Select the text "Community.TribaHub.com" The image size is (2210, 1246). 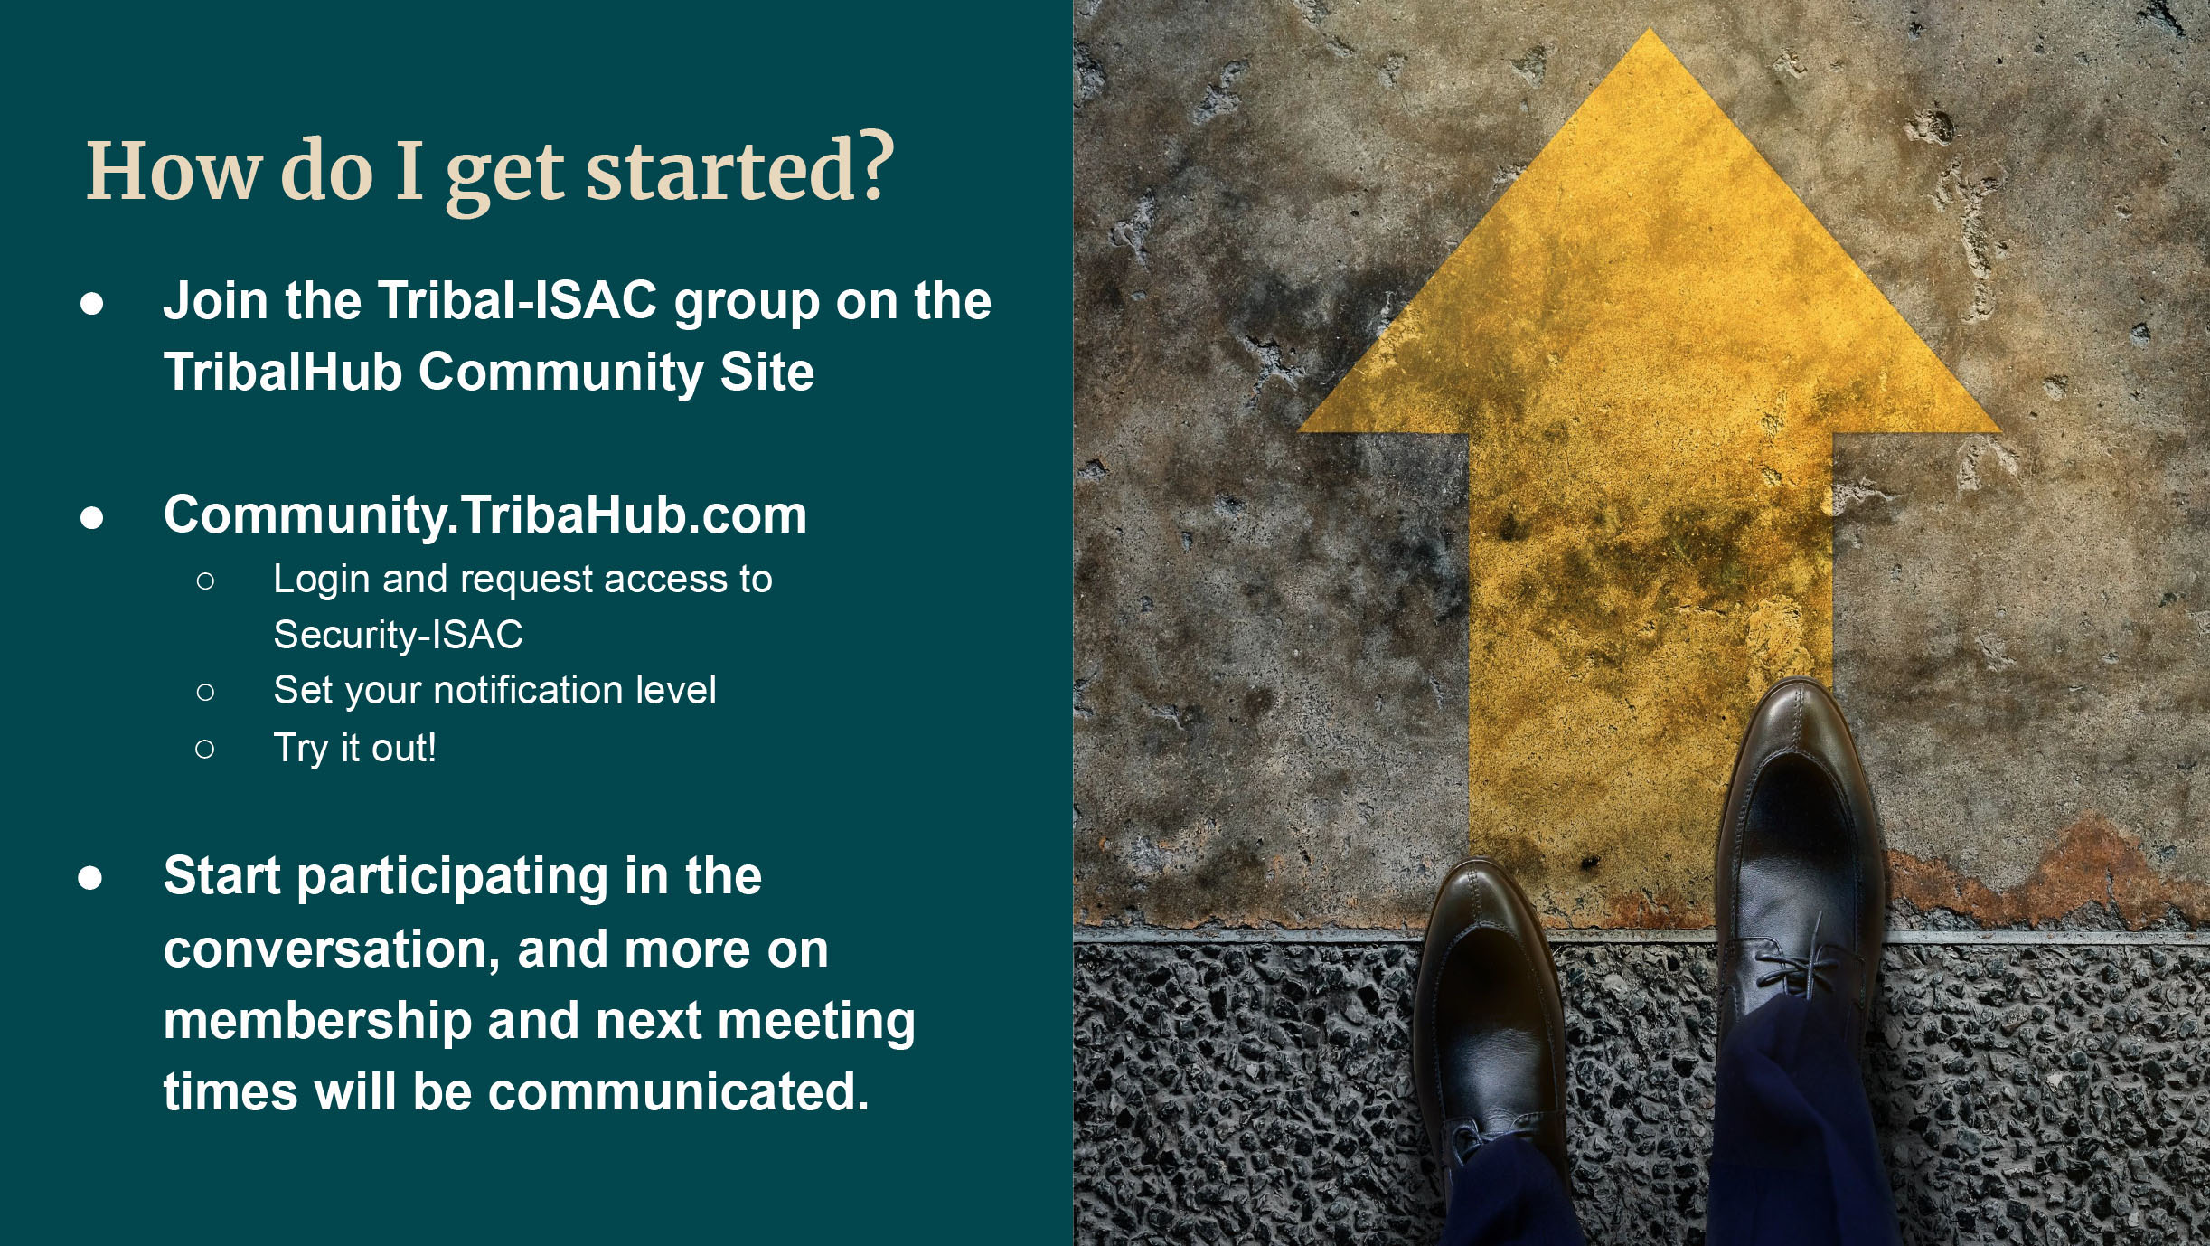pos(485,515)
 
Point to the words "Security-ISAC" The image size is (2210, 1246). pos(399,635)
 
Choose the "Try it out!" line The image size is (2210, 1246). pos(355,749)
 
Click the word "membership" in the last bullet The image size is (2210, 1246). pos(318,1022)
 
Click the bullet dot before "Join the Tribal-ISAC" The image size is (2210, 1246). pos(91,304)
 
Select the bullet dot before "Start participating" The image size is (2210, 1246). pos(90,878)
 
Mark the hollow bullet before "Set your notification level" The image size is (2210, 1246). pos(205,693)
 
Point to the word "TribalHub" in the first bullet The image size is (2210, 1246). pos(283,372)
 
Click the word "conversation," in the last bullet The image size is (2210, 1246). pos(331,950)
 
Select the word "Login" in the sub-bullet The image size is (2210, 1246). pos(322,581)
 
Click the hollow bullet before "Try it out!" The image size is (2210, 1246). pos(205,750)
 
